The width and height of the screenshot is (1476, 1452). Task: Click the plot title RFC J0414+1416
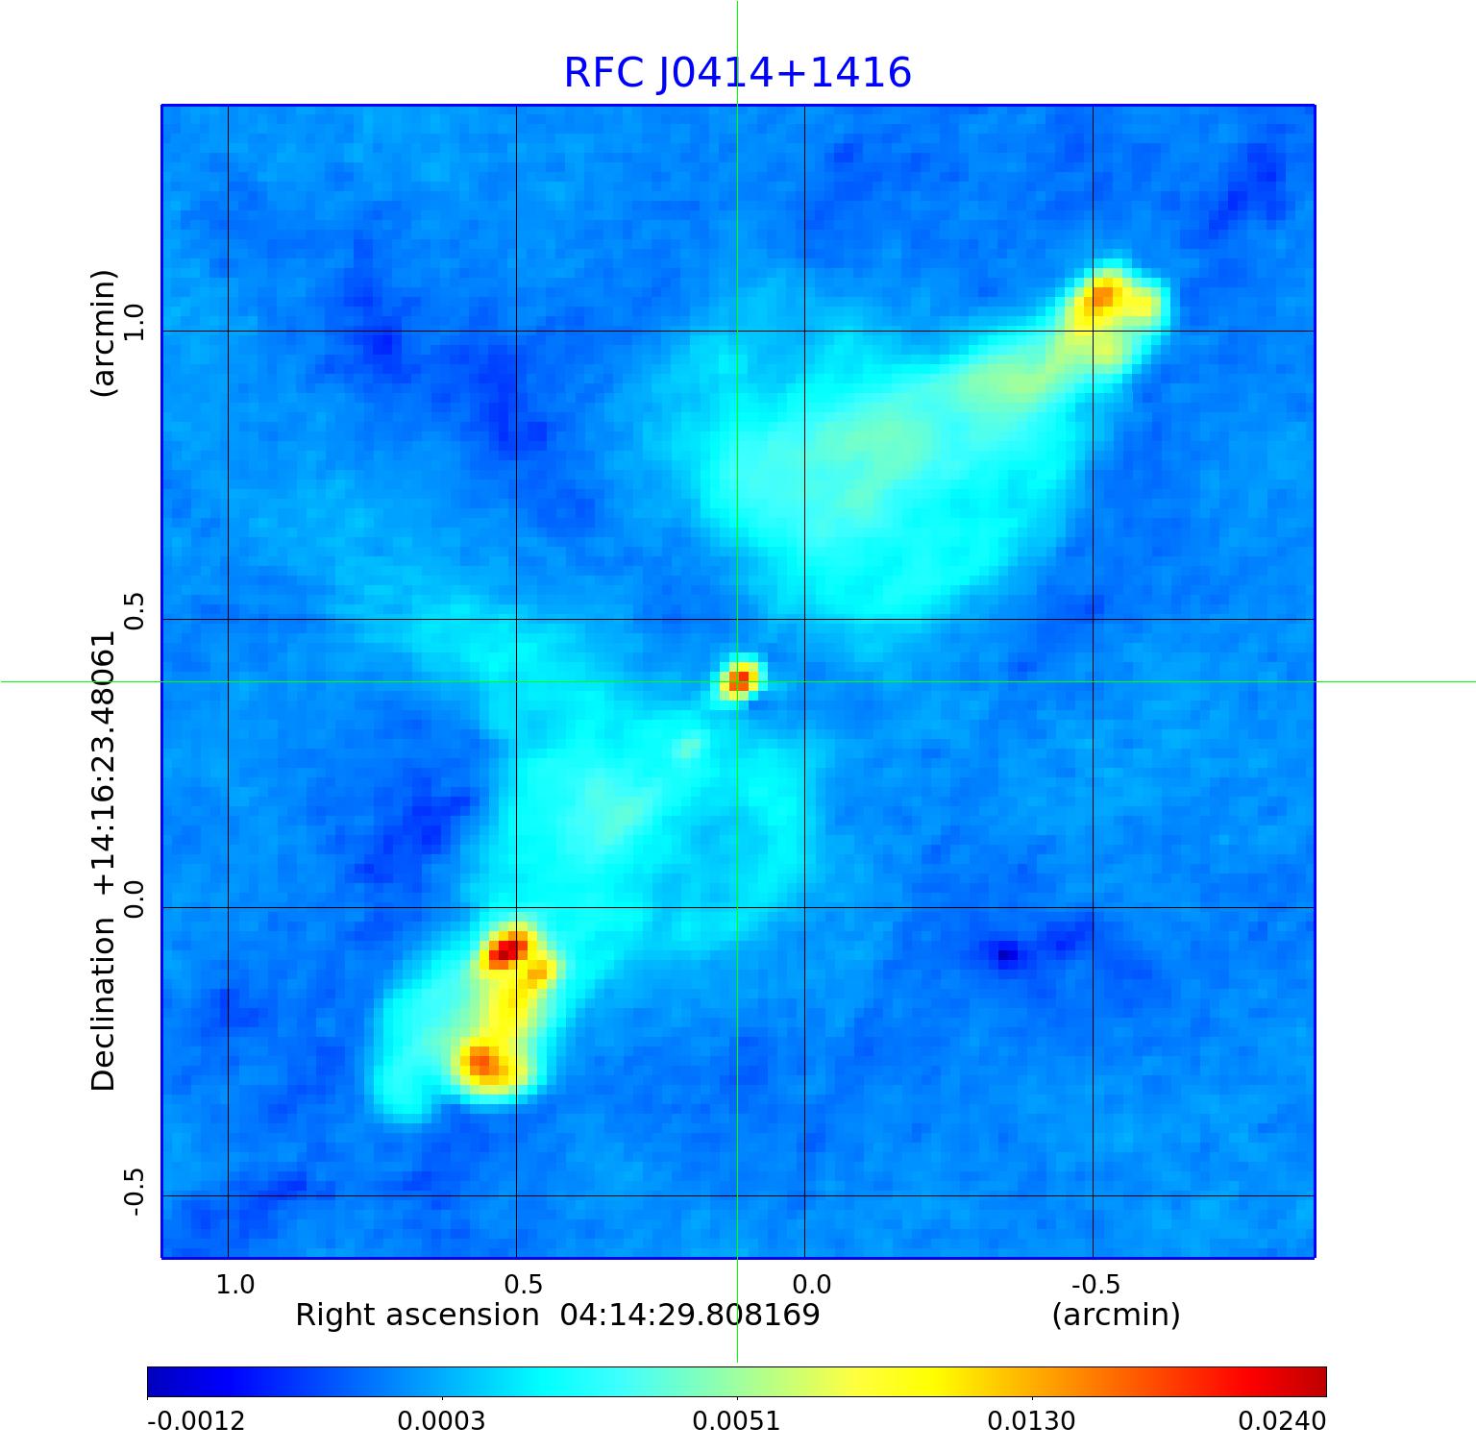pyautogui.click(x=737, y=73)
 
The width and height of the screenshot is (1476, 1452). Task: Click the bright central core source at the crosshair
pyautogui.click(x=738, y=680)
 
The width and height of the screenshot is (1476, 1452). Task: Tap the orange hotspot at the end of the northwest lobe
pyautogui.click(x=1101, y=297)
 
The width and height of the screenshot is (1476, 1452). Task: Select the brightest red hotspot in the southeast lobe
pyautogui.click(x=505, y=950)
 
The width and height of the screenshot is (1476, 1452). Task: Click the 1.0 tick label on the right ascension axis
pyautogui.click(x=235, y=1285)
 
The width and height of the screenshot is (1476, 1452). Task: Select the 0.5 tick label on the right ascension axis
pyautogui.click(x=524, y=1285)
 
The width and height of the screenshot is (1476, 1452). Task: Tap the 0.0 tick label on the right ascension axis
pyautogui.click(x=812, y=1285)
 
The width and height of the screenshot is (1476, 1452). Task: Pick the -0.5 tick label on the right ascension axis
pyautogui.click(x=1095, y=1285)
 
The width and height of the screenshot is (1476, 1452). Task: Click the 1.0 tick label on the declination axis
pyautogui.click(x=133, y=322)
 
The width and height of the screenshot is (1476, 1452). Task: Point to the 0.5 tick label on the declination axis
pyautogui.click(x=133, y=611)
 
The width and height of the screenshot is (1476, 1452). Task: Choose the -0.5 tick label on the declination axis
pyautogui.click(x=133, y=1192)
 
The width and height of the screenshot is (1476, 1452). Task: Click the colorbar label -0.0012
pyautogui.click(x=196, y=1420)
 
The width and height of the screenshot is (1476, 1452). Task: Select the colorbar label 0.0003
pyautogui.click(x=442, y=1420)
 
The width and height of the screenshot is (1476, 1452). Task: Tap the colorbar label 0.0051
pyautogui.click(x=737, y=1420)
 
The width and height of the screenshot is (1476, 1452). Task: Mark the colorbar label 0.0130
pyautogui.click(x=1032, y=1420)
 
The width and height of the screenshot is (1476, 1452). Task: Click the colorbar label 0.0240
pyautogui.click(x=1282, y=1420)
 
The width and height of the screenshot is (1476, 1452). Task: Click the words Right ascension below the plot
pyautogui.click(x=417, y=1315)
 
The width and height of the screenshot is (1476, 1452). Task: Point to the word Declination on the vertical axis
pyautogui.click(x=103, y=1004)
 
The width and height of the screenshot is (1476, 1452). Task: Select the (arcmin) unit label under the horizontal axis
pyautogui.click(x=1116, y=1315)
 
